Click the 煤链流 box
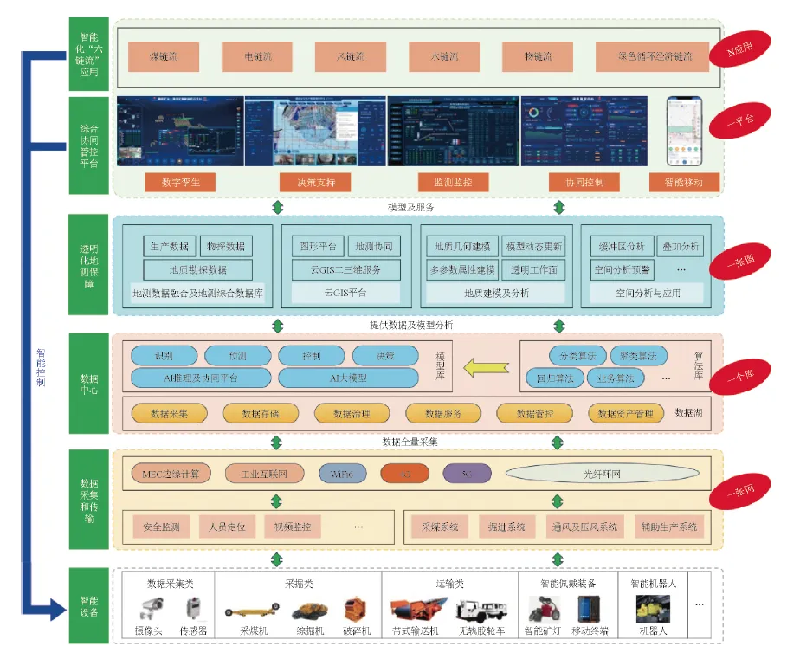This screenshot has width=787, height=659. point(164,56)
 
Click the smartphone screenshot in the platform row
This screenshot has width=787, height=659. point(683,131)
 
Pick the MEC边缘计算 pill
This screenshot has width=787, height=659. point(171,474)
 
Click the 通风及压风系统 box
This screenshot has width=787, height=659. point(584,526)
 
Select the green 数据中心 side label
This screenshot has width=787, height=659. point(89,384)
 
